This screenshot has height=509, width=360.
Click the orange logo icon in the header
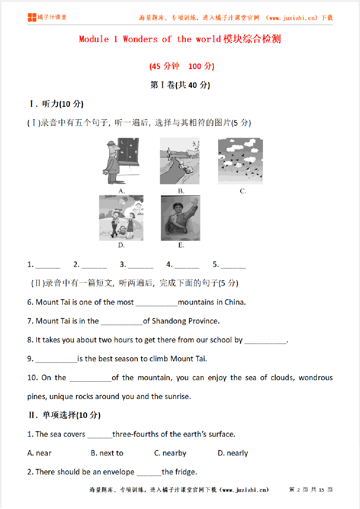(32, 17)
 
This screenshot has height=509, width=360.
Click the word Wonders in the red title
(140, 39)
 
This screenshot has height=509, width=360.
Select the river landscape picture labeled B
(179, 161)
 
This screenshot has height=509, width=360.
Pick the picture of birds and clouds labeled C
(240, 161)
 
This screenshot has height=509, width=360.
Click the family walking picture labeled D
(121, 218)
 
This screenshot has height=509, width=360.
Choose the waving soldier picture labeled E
(181, 218)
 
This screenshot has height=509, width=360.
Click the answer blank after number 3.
(141, 265)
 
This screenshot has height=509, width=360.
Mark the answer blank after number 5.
(233, 265)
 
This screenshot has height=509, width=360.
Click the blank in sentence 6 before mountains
(156, 303)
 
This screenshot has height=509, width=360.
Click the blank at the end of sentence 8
(265, 340)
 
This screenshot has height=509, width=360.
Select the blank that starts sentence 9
(56, 359)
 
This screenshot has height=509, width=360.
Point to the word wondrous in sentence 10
(316, 378)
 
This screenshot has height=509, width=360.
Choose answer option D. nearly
(233, 453)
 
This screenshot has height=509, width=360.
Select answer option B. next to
(107, 453)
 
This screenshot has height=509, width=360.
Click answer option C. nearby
(170, 453)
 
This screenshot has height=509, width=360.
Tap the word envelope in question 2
(118, 472)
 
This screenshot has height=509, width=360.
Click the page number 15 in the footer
(321, 490)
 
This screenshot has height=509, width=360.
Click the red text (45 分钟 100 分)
(182, 66)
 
